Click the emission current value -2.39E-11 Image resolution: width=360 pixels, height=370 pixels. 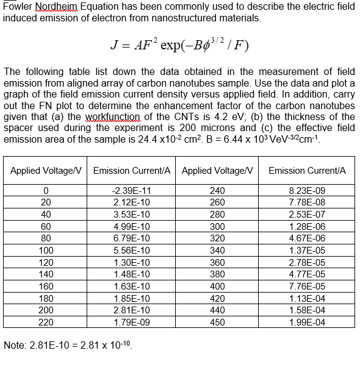coord(132,190)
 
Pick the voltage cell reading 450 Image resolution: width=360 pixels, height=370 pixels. coord(217,322)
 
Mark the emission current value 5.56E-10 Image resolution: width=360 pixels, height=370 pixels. coord(132,250)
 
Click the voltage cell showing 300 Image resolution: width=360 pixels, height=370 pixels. coord(217,226)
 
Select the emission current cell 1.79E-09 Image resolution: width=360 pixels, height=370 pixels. coord(132,322)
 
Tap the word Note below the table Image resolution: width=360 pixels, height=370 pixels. coord(15,346)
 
